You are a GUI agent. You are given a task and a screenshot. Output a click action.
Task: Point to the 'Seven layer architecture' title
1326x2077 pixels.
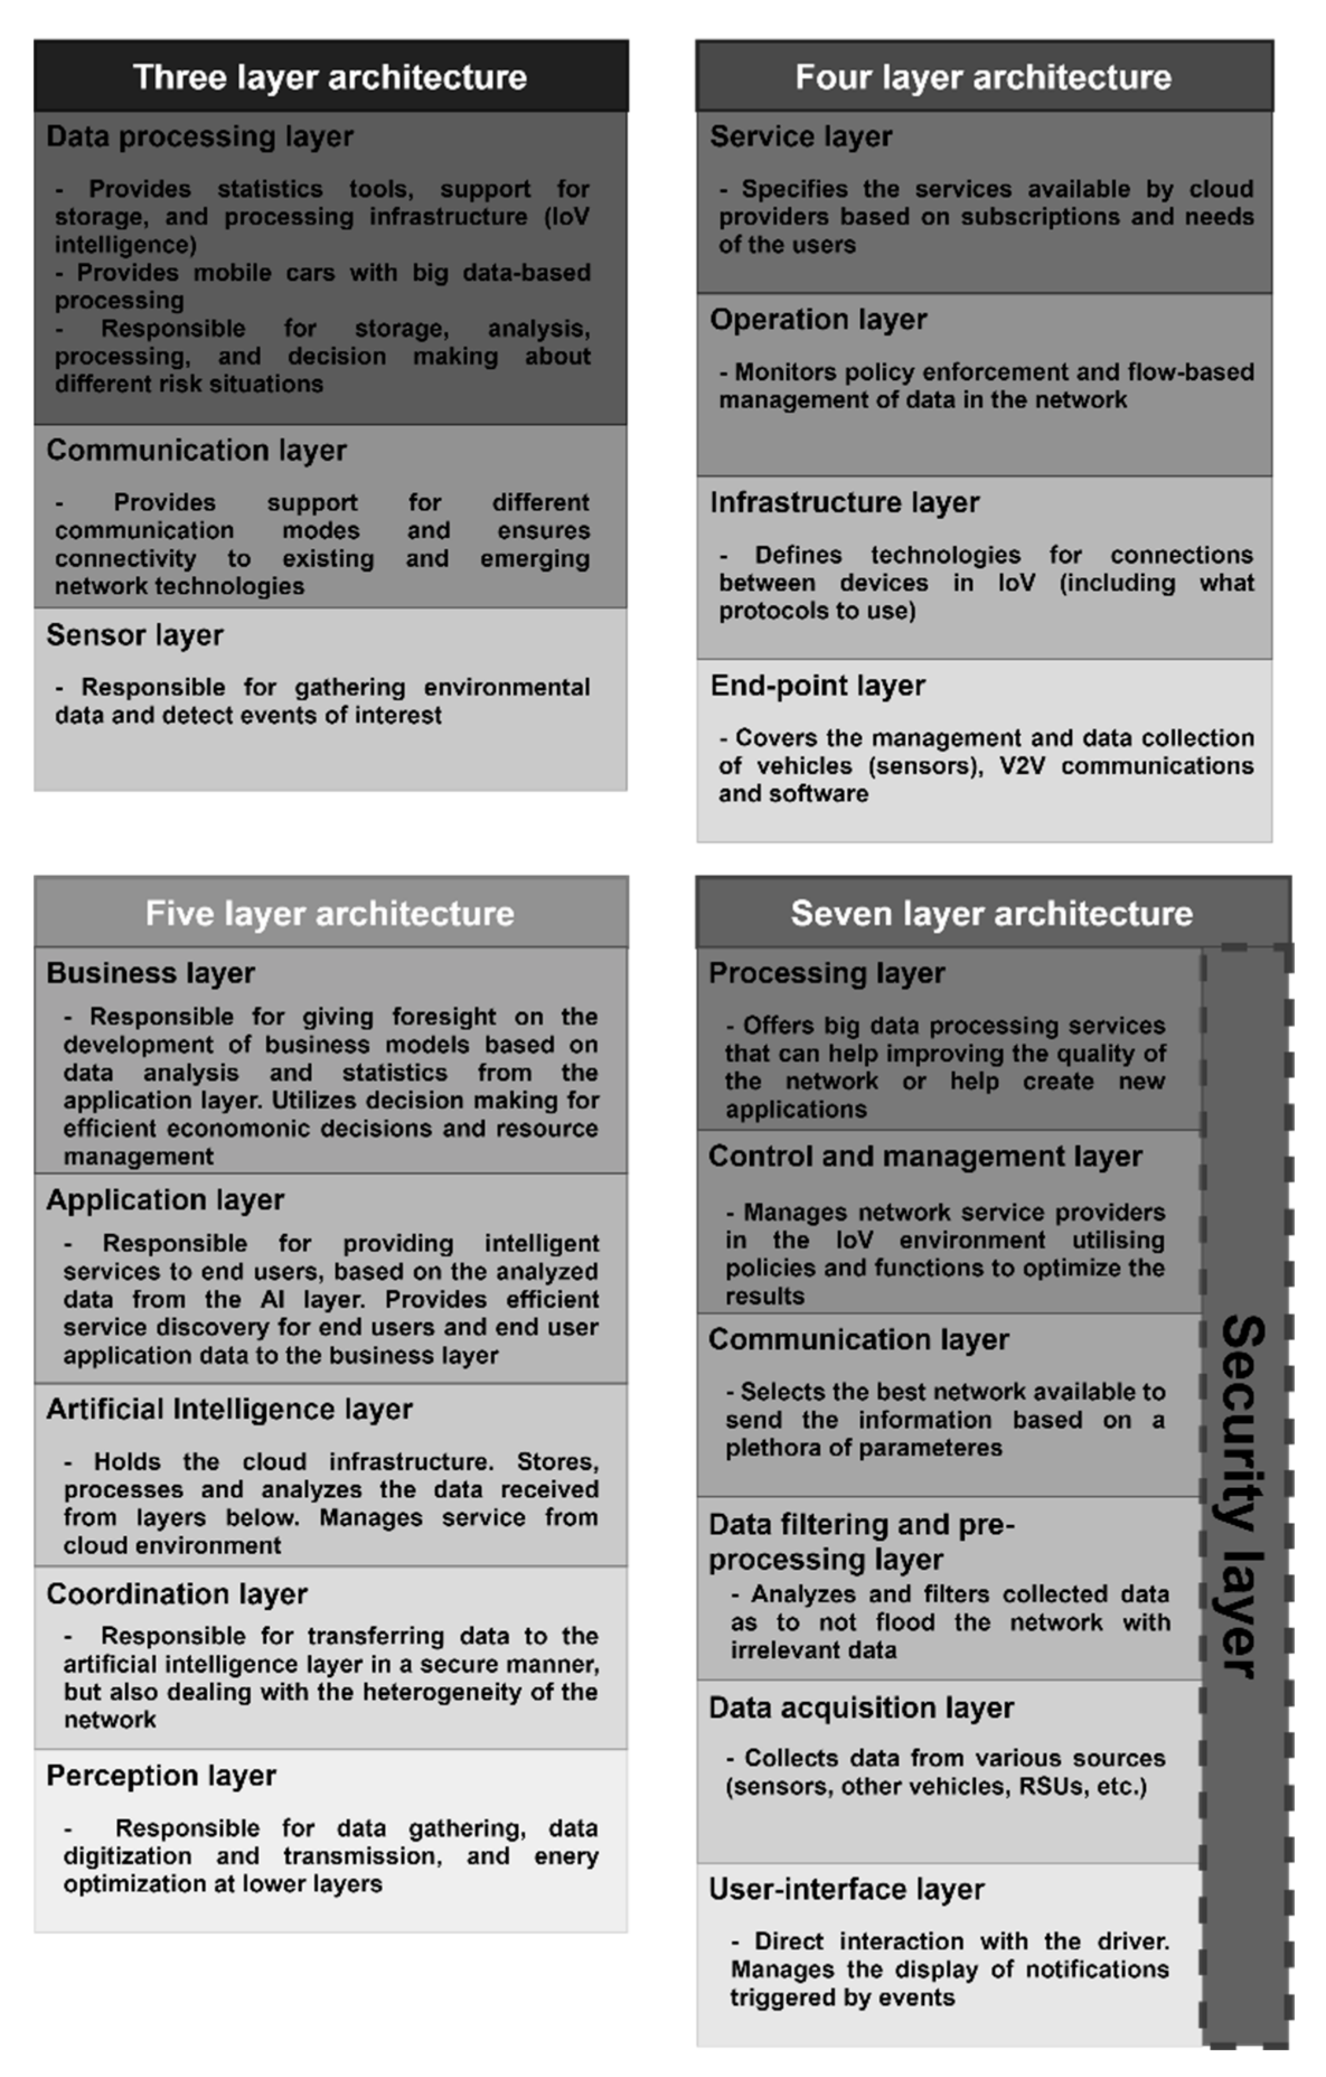click(x=991, y=913)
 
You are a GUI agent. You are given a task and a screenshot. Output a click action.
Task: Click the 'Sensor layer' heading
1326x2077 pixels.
click(x=135, y=635)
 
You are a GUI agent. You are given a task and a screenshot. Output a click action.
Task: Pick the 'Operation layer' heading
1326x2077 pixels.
click(x=818, y=319)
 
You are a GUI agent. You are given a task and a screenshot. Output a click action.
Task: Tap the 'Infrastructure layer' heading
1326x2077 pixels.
click(x=845, y=502)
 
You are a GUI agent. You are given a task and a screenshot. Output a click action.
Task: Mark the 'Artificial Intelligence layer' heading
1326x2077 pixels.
click(x=229, y=1409)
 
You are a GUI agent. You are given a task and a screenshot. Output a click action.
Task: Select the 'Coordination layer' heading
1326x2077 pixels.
click(x=177, y=1594)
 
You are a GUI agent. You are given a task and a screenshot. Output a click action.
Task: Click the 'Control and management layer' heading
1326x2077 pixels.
click(x=925, y=1157)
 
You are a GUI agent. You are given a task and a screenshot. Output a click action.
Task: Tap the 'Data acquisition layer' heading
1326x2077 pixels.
click(x=861, y=1708)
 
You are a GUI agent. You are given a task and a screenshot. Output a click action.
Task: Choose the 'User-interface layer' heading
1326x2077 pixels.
click(x=847, y=1890)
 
